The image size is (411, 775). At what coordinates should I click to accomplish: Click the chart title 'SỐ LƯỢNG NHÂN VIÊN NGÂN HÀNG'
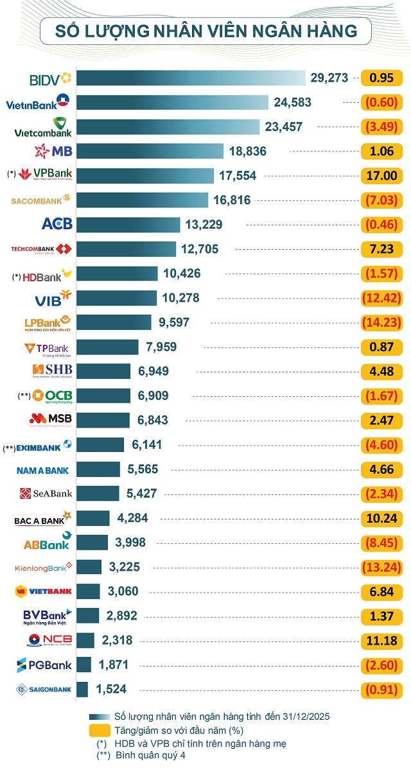(x=205, y=30)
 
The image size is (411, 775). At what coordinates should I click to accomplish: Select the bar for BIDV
(x=191, y=78)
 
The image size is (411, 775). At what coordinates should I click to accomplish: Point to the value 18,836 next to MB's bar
(x=247, y=152)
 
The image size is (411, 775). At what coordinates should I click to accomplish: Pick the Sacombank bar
(x=143, y=200)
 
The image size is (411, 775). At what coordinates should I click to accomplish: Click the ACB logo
(x=57, y=224)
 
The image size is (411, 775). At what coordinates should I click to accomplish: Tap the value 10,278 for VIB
(x=181, y=298)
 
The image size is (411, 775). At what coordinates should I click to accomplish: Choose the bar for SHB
(x=103, y=371)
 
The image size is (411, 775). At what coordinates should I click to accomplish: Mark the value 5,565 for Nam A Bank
(x=143, y=469)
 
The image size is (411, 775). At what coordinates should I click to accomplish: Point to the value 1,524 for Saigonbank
(x=111, y=690)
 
